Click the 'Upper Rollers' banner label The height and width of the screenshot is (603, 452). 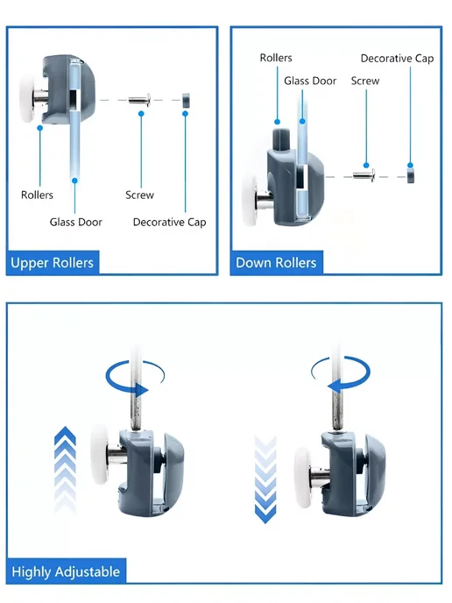tap(53, 263)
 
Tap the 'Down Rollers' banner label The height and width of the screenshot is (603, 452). tap(276, 263)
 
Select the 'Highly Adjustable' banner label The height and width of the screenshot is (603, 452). tap(66, 571)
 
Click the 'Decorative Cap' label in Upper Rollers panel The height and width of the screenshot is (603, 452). tap(170, 222)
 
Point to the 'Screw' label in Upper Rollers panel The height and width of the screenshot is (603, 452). tap(139, 195)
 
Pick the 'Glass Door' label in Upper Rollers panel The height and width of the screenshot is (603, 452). tap(76, 222)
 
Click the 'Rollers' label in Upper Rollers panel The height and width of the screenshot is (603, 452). tap(37, 195)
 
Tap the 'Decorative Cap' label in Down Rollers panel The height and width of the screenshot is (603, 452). tap(397, 59)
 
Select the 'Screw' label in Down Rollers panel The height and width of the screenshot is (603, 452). tap(365, 81)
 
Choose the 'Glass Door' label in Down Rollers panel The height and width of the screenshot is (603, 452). tap(310, 81)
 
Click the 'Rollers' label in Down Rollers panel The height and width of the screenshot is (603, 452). tap(276, 58)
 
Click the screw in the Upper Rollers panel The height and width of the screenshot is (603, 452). tap(139, 101)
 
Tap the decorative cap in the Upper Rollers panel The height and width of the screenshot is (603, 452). tap(186, 100)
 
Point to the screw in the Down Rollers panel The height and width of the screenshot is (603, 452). tap(364, 176)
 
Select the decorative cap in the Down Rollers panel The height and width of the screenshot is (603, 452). tap(411, 176)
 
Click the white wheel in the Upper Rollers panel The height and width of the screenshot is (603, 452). tap(28, 97)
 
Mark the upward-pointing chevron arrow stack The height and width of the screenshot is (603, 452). tap(66, 468)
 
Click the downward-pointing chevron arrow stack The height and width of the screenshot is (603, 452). tap(265, 479)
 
